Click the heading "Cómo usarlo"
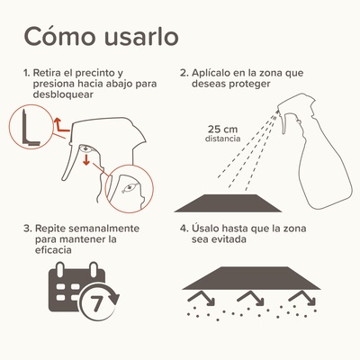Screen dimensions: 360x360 [x=100, y=38]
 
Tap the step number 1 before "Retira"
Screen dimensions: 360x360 [x=28, y=71]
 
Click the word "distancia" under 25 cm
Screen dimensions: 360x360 [x=221, y=139]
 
